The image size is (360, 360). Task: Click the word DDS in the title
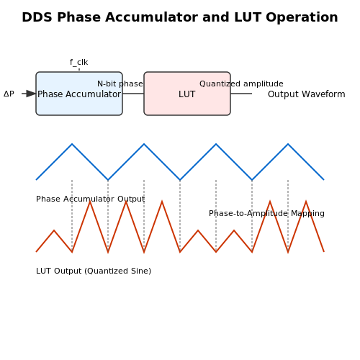pos(37,17)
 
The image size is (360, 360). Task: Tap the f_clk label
pos(79,63)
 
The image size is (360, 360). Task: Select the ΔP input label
pos(9,94)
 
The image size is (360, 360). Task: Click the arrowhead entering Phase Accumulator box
pos(31,94)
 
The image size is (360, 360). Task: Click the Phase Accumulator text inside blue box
pos(79,94)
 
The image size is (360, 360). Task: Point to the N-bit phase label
pos(120,84)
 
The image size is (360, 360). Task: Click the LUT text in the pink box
pos(187,94)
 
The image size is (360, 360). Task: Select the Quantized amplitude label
pos(241,84)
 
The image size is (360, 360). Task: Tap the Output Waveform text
pos(307,94)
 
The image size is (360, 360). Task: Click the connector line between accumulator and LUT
pos(133,94)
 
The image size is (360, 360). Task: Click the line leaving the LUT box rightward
pos(241,94)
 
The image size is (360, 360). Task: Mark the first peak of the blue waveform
pos(72,144)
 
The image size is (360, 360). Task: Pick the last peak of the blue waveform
pos(288,144)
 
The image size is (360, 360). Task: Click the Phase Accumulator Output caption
pos(90,199)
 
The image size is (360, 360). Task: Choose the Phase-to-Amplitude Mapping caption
pos(266,213)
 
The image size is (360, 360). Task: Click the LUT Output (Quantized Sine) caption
pos(94,271)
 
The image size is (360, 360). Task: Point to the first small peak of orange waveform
pos(54,230)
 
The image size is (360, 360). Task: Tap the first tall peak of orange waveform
pos(90,202)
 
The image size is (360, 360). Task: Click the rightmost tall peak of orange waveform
pos(306,202)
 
